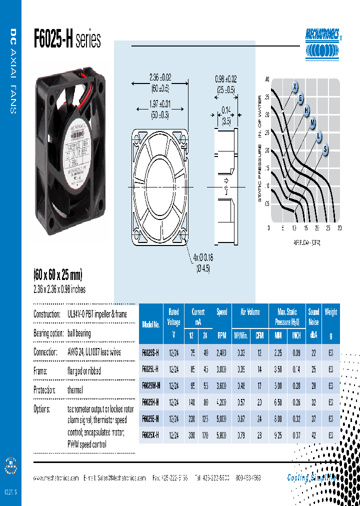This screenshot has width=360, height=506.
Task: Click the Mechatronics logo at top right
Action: tap(323, 43)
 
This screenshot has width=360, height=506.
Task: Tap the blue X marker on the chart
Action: tap(295, 87)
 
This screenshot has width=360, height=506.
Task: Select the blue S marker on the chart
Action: tap(325, 148)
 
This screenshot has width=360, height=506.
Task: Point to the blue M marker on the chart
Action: tap(313, 122)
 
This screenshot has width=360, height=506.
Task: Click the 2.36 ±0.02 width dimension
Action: tap(160, 77)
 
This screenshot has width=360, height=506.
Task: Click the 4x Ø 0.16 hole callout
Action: tap(203, 258)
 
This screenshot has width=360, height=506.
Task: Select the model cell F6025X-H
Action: tap(150, 435)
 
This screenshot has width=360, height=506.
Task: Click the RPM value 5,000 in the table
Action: tap(222, 418)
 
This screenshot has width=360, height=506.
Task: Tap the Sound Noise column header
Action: tap(313, 317)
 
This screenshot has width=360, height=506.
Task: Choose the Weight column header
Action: tap(330, 312)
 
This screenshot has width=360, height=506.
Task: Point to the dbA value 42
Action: tap(313, 435)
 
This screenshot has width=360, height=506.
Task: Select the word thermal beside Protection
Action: tap(75, 390)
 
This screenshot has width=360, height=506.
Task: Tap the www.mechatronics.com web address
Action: tap(56, 478)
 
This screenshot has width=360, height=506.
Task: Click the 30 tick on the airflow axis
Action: tap(339, 228)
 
